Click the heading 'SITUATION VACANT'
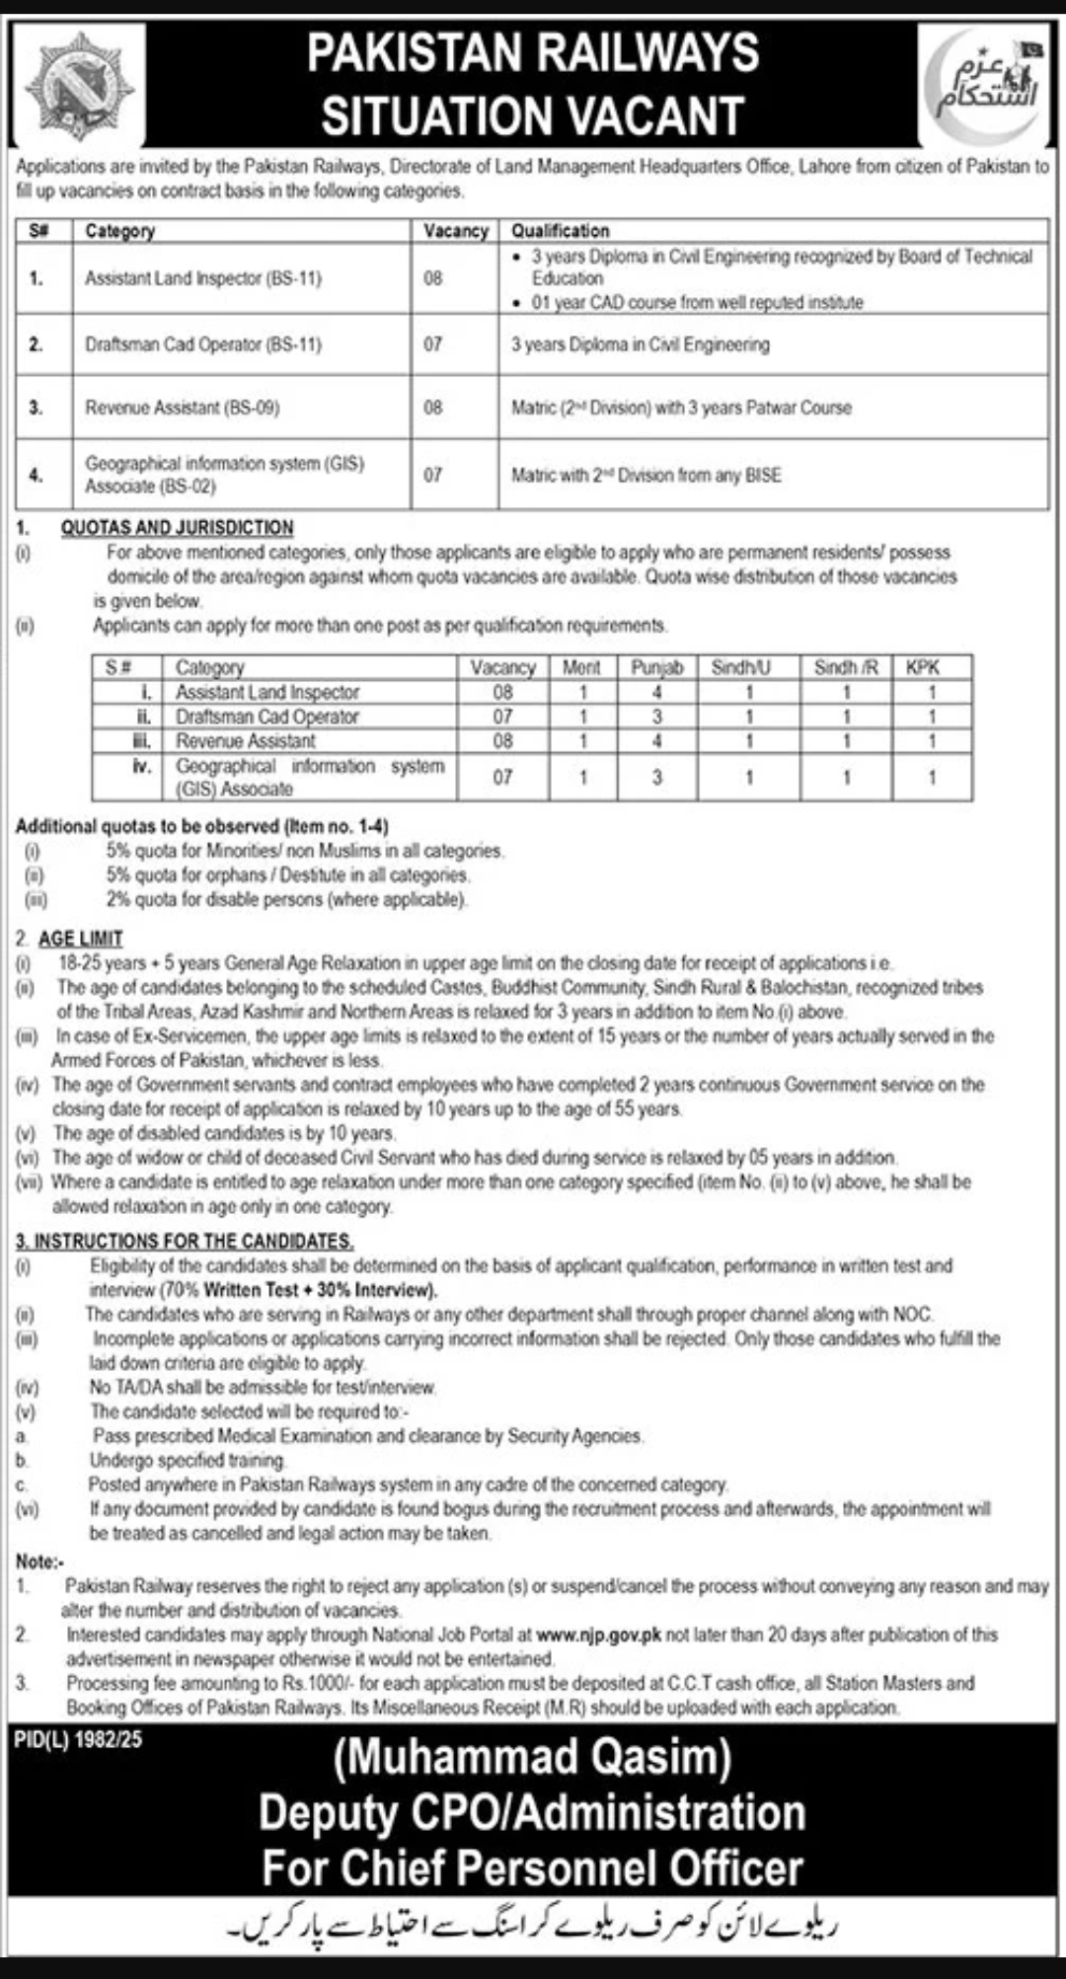532,115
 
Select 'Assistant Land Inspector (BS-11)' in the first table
203,278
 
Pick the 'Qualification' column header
561,231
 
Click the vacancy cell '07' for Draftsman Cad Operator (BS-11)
433,344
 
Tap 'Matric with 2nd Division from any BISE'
646,475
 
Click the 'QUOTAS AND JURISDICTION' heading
177,528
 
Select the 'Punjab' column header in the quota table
656,667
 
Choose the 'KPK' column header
923,667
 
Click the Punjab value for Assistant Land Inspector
656,692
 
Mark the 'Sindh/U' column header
741,667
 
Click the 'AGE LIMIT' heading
81,939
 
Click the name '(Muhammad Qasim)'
532,1758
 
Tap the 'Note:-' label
39,1561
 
